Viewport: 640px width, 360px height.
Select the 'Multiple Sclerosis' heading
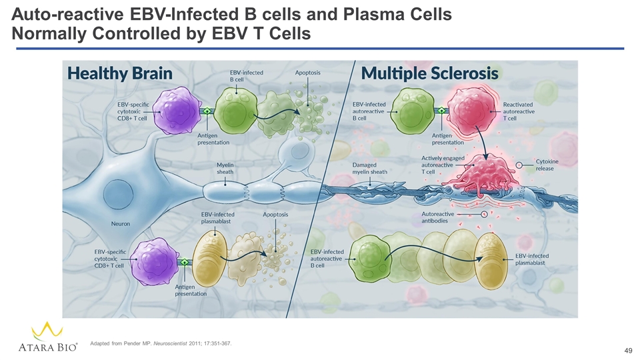point(430,73)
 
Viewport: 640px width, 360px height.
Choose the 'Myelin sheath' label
point(225,168)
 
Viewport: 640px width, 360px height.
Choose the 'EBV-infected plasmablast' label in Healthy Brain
point(217,218)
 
